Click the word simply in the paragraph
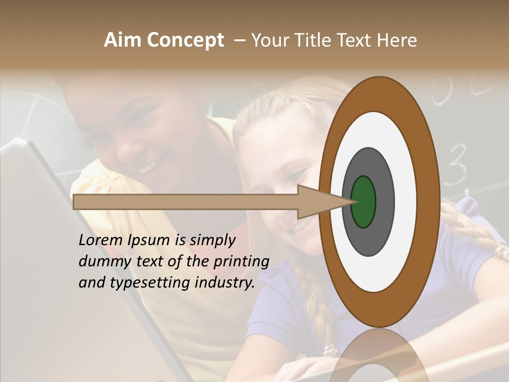pos(212,240)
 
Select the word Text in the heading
pos(360,40)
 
